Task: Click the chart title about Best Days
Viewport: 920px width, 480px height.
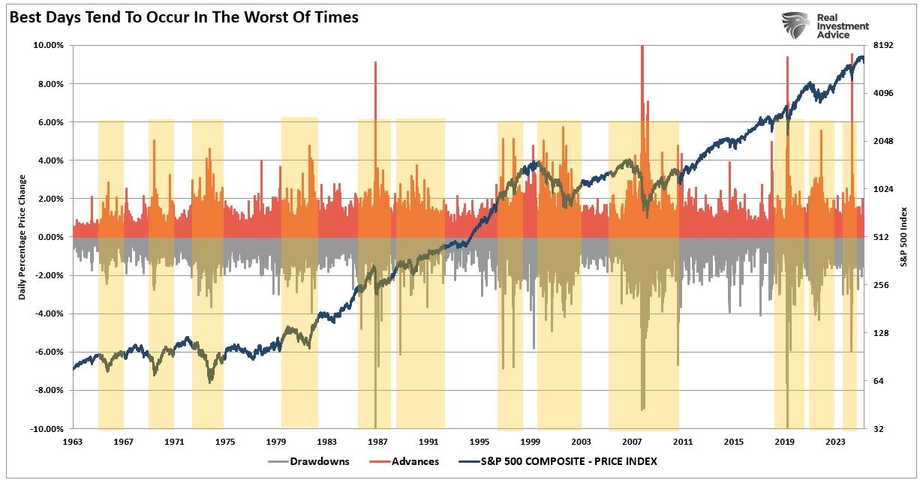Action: click(x=183, y=16)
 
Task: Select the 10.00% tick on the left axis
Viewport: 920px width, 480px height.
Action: click(x=49, y=45)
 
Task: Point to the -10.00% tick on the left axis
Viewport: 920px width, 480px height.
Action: click(x=47, y=429)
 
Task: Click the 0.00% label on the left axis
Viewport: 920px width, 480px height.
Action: click(x=50, y=237)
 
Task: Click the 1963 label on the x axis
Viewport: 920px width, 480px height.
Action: click(x=73, y=442)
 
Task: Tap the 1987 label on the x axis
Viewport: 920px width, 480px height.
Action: click(x=377, y=442)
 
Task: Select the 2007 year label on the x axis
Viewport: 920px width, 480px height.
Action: click(x=632, y=442)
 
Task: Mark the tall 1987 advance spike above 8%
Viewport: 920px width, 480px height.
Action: click(x=375, y=75)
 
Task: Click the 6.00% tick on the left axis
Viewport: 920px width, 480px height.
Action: click(x=50, y=121)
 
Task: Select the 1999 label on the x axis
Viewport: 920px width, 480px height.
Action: click(x=531, y=442)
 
